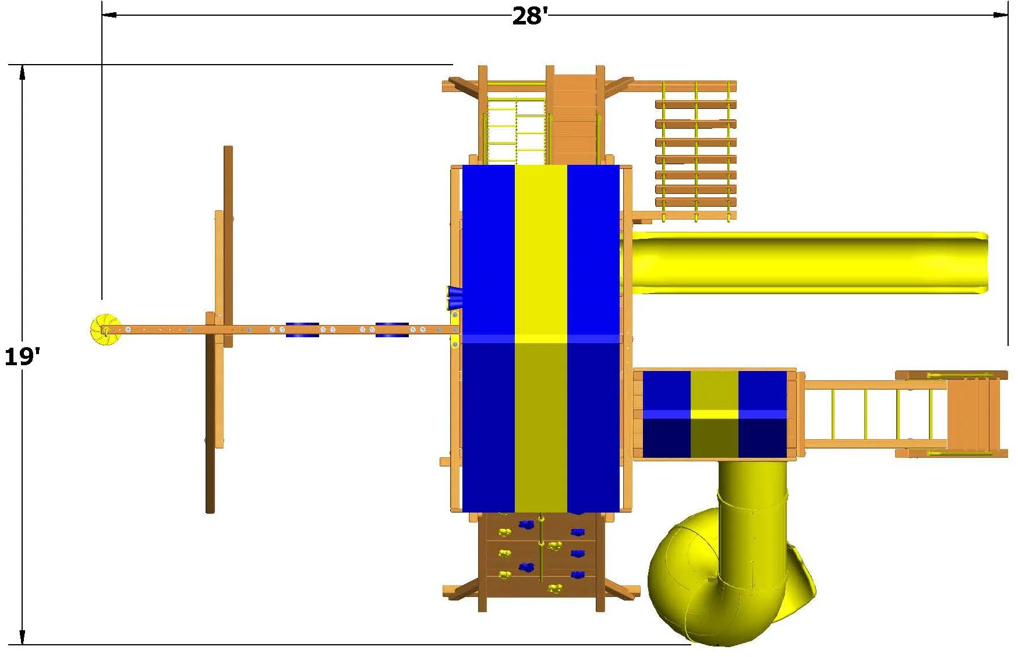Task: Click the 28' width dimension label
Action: [x=529, y=16]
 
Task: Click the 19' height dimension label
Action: [x=22, y=356]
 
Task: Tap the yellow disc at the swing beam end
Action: [x=105, y=330]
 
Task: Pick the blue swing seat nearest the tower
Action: [x=392, y=330]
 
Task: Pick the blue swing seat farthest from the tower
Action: [x=302, y=330]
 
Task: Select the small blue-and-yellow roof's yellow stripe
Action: [x=715, y=414]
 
